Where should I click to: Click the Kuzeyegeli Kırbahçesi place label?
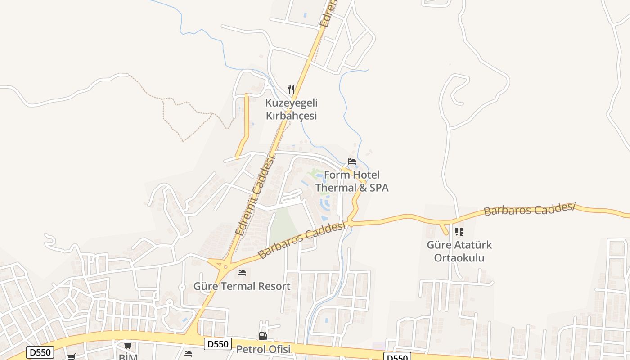pyautogui.click(x=291, y=109)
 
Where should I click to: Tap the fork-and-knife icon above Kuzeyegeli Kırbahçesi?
pyautogui.click(x=291, y=90)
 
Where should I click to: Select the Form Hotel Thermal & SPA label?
pyautogui.click(x=351, y=181)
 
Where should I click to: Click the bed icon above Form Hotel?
pyautogui.click(x=352, y=162)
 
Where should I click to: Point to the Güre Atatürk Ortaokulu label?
pyautogui.click(x=459, y=252)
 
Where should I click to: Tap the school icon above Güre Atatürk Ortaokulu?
pyautogui.click(x=459, y=232)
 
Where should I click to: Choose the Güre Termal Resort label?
pyautogui.click(x=242, y=286)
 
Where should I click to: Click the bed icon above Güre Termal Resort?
pyautogui.click(x=242, y=272)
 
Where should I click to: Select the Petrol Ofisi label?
pyautogui.click(x=263, y=349)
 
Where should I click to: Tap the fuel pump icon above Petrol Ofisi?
pyautogui.click(x=263, y=336)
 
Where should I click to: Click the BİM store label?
pyautogui.click(x=128, y=357)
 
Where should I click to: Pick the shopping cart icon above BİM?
pyautogui.click(x=128, y=346)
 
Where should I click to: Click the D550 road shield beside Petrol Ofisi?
pyautogui.click(x=218, y=344)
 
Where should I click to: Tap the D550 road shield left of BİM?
pyautogui.click(x=40, y=352)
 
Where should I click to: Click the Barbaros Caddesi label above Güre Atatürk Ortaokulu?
pyautogui.click(x=530, y=209)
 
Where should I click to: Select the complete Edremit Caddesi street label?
pyautogui.click(x=255, y=195)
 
